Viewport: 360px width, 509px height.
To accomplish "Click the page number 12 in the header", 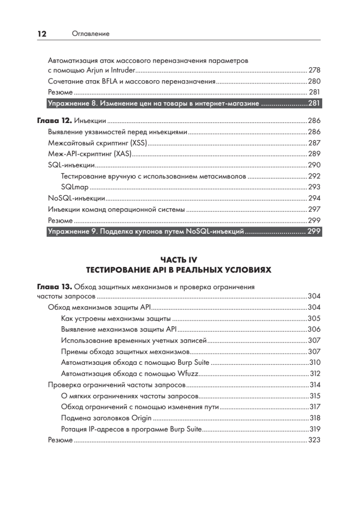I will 42,34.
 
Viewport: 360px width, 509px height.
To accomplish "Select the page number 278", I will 314,70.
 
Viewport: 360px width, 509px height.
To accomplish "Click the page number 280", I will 314,81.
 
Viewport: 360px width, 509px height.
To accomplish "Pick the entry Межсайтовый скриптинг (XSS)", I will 97,143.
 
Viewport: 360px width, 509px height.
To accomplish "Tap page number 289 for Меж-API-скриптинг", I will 314,154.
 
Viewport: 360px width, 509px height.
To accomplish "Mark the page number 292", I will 314,176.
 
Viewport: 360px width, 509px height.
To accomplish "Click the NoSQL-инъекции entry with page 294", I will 77,198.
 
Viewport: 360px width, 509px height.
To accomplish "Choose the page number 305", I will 314,318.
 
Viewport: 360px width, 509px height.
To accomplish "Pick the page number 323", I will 314,440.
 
